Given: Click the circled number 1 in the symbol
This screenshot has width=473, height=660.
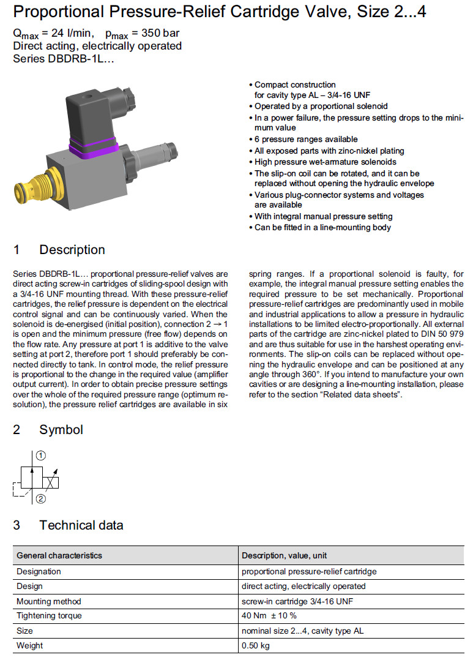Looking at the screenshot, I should (40, 456).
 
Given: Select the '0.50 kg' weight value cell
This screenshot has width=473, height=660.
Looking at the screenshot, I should (256, 645).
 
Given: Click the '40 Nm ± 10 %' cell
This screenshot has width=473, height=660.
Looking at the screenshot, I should (269, 615).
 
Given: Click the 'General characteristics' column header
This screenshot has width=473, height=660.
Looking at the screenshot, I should (59, 555).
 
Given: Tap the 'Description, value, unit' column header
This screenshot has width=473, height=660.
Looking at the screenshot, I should (284, 555).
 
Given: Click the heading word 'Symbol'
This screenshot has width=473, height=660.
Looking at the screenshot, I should (61, 430).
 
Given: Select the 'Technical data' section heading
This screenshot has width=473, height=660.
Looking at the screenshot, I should (81, 525).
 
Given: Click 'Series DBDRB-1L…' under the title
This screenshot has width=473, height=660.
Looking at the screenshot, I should (64, 59).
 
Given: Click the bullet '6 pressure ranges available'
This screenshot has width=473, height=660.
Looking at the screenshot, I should (306, 139).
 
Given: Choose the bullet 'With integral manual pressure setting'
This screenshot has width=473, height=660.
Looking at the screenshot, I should (323, 216).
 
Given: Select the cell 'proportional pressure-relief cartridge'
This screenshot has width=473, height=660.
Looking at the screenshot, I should (309, 571).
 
